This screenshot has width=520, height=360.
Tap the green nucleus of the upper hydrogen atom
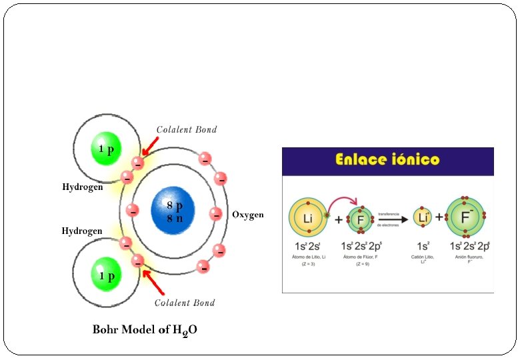[106, 149]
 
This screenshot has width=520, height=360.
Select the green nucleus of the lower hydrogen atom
[107, 275]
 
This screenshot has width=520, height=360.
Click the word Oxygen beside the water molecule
[248, 215]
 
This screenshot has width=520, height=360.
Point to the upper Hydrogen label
[83, 187]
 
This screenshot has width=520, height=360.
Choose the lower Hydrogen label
[82, 231]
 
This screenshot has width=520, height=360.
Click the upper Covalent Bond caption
[187, 129]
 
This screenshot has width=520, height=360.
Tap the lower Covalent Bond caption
[185, 303]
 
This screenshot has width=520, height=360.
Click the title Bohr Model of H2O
[145, 330]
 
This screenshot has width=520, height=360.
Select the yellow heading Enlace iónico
[387, 160]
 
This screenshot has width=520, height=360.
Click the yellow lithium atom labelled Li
[307, 219]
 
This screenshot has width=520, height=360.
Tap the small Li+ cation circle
[421, 217]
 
